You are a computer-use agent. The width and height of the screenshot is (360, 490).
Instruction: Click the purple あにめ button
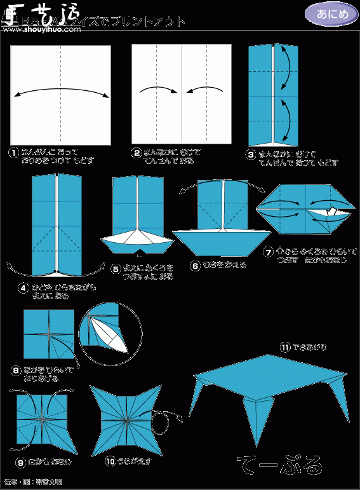(326, 13)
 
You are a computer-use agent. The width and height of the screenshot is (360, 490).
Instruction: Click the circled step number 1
(13, 153)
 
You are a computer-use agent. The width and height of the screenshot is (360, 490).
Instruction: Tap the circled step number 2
(136, 153)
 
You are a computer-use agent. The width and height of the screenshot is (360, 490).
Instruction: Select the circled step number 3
(252, 153)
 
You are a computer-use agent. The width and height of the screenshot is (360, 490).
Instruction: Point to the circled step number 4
(23, 287)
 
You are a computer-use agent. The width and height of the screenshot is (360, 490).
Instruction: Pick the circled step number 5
(115, 269)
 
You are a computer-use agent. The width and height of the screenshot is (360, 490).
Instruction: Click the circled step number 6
(194, 265)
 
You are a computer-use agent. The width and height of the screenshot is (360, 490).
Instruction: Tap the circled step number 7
(269, 252)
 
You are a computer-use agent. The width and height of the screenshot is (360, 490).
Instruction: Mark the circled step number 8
(16, 369)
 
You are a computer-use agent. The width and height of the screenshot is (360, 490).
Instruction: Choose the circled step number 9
(20, 463)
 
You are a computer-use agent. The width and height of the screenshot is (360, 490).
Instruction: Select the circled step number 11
(285, 347)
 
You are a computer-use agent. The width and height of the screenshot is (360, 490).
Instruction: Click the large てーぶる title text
(279, 465)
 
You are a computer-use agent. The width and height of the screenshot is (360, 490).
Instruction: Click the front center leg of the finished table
(258, 419)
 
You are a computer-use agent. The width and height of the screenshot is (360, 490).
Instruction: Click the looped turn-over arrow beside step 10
(168, 420)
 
